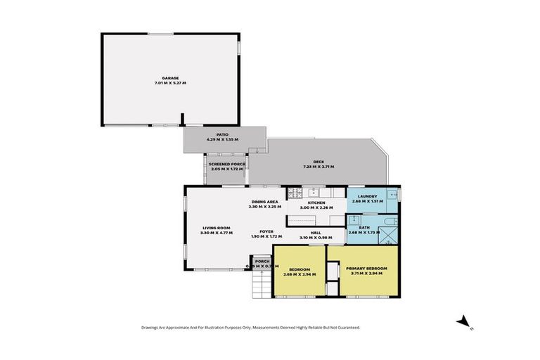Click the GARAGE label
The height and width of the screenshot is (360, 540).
(x=169, y=78)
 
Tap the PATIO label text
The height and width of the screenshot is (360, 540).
(x=223, y=135)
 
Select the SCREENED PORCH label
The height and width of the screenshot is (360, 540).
(x=226, y=164)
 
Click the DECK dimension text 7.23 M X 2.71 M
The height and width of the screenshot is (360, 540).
(x=318, y=167)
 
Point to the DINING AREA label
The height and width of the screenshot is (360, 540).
(x=264, y=202)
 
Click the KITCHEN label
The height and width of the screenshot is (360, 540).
(x=315, y=202)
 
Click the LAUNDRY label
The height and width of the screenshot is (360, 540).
(x=368, y=196)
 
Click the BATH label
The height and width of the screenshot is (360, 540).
(x=364, y=227)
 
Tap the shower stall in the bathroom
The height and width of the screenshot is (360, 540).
(x=388, y=234)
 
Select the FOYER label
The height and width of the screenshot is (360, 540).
(x=266, y=231)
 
